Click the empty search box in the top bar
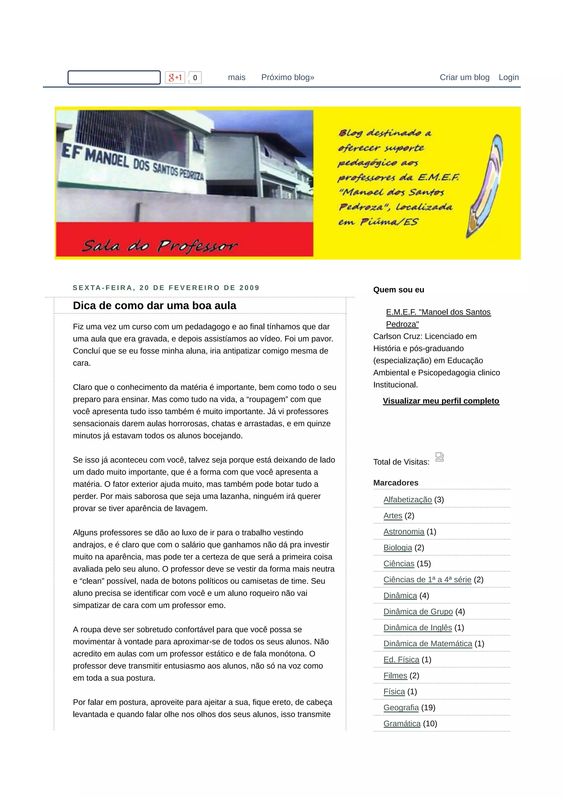pyautogui.click(x=114, y=77)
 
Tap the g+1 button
pyautogui.click(x=175, y=77)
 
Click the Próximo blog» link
pyautogui.click(x=288, y=77)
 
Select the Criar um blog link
pyautogui.click(x=464, y=77)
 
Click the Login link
pyautogui.click(x=508, y=77)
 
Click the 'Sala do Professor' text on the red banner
pyautogui.click(x=160, y=246)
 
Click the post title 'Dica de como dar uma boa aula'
pyautogui.click(x=154, y=306)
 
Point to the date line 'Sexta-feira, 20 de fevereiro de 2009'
pyautogui.click(x=166, y=288)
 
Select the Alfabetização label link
pyautogui.click(x=407, y=500)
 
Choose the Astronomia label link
pyautogui.click(x=403, y=532)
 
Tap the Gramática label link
pyautogui.click(x=402, y=723)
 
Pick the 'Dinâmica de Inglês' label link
pyautogui.click(x=417, y=627)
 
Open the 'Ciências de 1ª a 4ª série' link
pyautogui.click(x=427, y=579)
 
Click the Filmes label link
pyautogui.click(x=395, y=675)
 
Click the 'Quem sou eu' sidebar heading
pyautogui.click(x=398, y=290)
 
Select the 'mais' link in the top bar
pyautogui.click(x=237, y=77)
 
